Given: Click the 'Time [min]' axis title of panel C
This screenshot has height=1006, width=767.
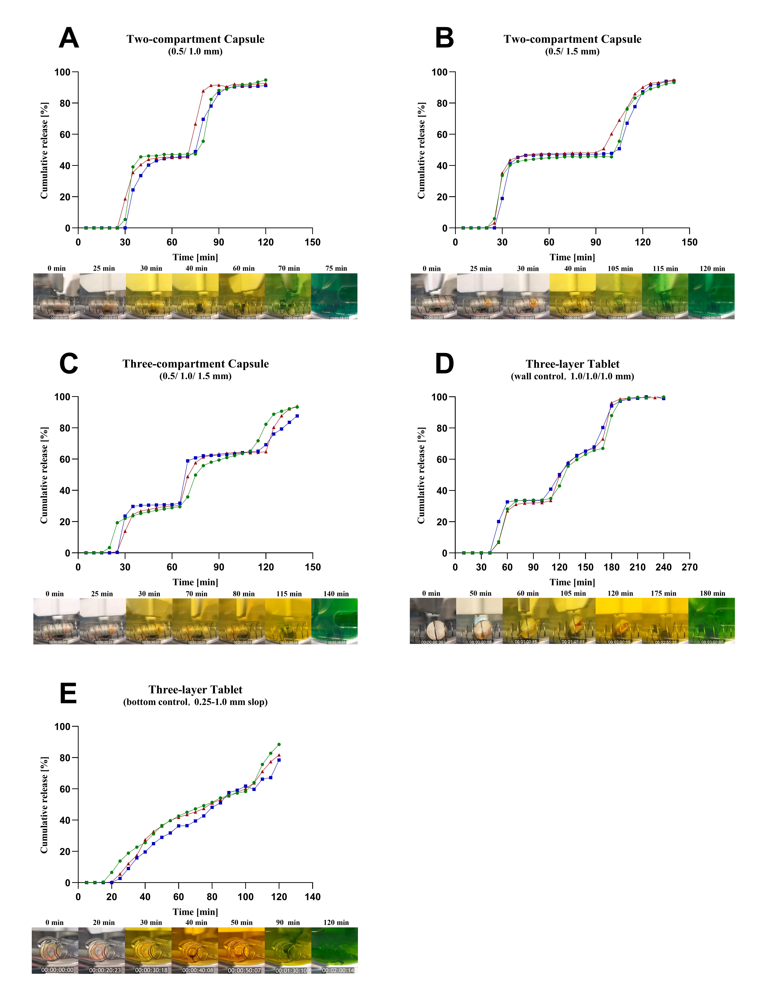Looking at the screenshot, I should coord(195,582).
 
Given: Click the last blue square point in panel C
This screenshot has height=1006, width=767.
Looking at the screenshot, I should coord(297,416).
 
